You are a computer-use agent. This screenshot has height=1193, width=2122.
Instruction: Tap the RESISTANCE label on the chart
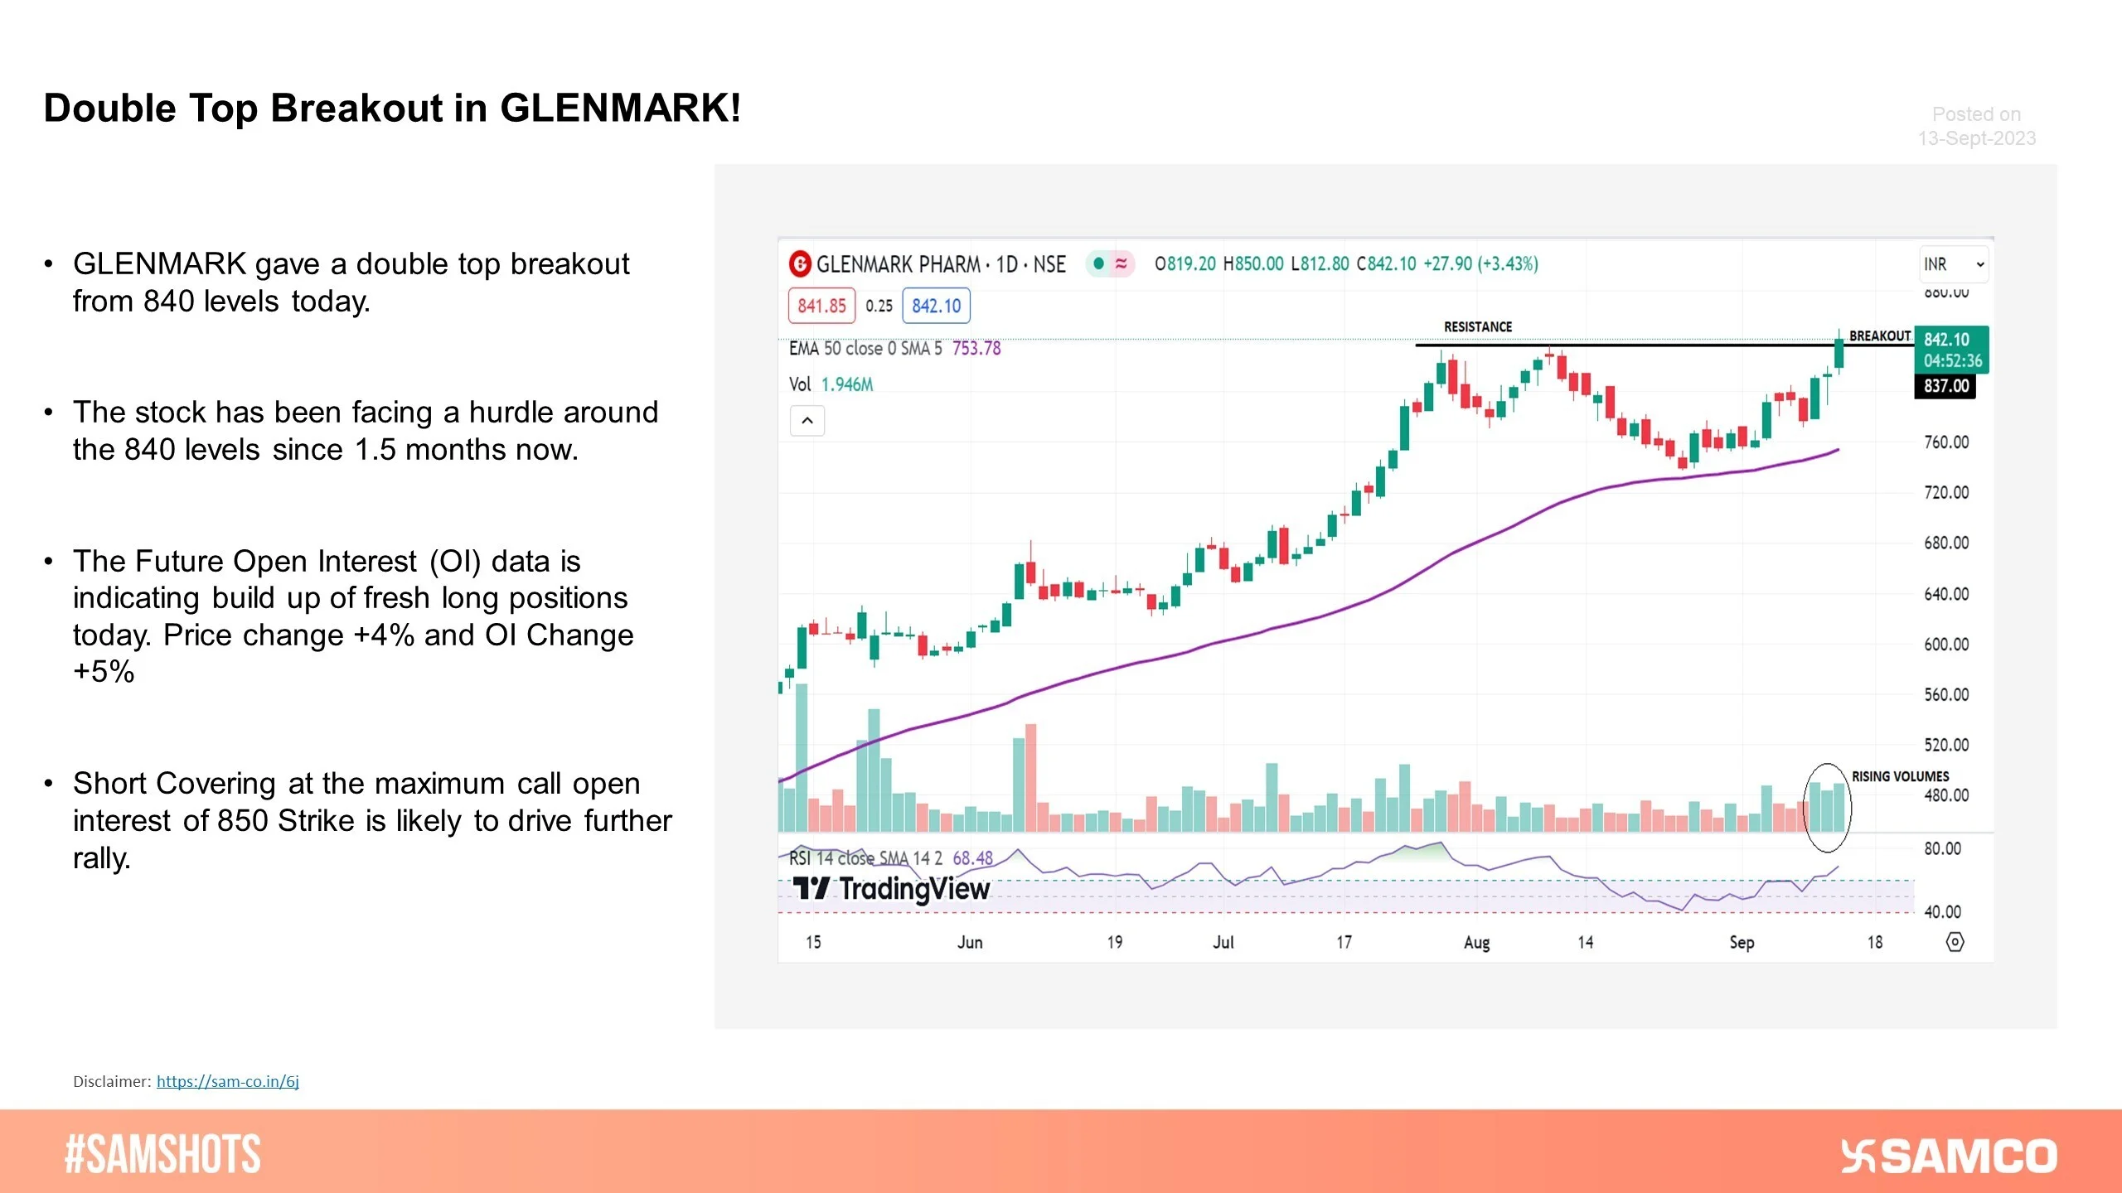point(1478,327)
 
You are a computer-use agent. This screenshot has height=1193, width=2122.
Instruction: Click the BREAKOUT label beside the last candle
point(1879,336)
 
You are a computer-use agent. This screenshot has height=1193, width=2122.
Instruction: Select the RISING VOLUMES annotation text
point(1900,776)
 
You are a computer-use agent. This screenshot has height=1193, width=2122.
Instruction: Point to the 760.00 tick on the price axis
point(1945,442)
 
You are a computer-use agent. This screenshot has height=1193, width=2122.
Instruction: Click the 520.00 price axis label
point(1945,745)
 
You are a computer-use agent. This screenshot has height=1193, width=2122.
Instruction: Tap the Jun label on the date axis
point(970,943)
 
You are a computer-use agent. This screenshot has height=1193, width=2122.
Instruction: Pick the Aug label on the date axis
point(1476,943)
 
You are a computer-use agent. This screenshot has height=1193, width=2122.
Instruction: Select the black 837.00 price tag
point(1945,386)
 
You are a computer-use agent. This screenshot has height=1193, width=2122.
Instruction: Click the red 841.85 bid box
point(821,306)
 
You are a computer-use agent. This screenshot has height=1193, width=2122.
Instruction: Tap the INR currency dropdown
point(1953,264)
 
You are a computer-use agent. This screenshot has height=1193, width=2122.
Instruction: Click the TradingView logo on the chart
point(892,889)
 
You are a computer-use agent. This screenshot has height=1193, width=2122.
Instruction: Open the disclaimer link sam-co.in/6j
point(227,1081)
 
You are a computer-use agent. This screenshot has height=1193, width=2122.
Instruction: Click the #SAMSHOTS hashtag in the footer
point(162,1154)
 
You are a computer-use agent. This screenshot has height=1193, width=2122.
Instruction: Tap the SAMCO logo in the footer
point(1948,1157)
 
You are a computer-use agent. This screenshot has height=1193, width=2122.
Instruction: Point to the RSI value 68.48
point(972,858)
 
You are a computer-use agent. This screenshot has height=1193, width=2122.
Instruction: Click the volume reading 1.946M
point(846,384)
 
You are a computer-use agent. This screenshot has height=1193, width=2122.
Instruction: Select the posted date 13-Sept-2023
point(1976,138)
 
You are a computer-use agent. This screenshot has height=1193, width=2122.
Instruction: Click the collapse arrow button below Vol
point(807,421)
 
